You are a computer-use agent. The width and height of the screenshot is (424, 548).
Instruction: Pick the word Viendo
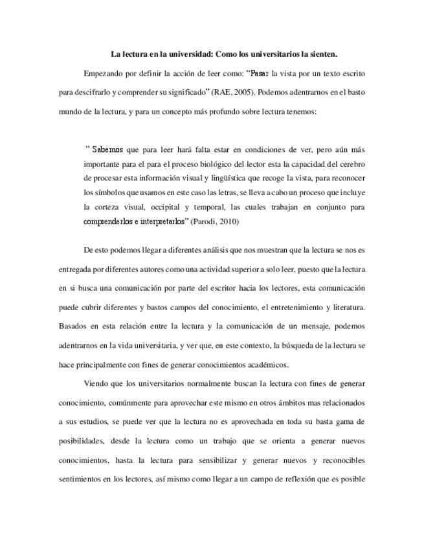coord(96,384)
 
